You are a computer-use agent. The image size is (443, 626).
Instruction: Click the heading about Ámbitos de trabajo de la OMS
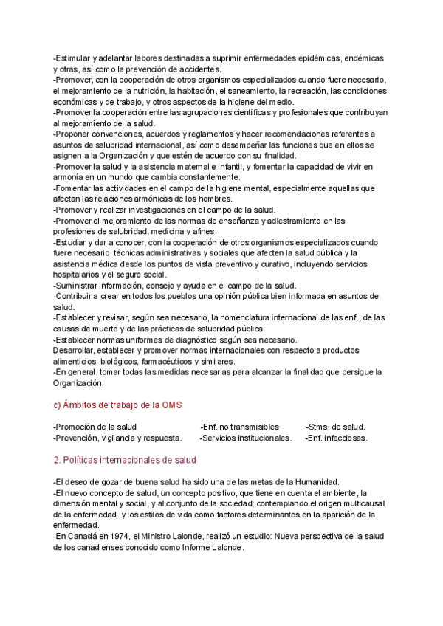tap(118, 405)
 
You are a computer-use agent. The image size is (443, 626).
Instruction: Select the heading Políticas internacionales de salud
tap(126, 460)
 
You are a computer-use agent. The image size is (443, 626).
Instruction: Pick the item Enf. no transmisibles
tap(240, 427)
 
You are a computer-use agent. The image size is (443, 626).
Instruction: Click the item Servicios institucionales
tap(246, 438)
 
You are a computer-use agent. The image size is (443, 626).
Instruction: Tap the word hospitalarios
tap(76, 275)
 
